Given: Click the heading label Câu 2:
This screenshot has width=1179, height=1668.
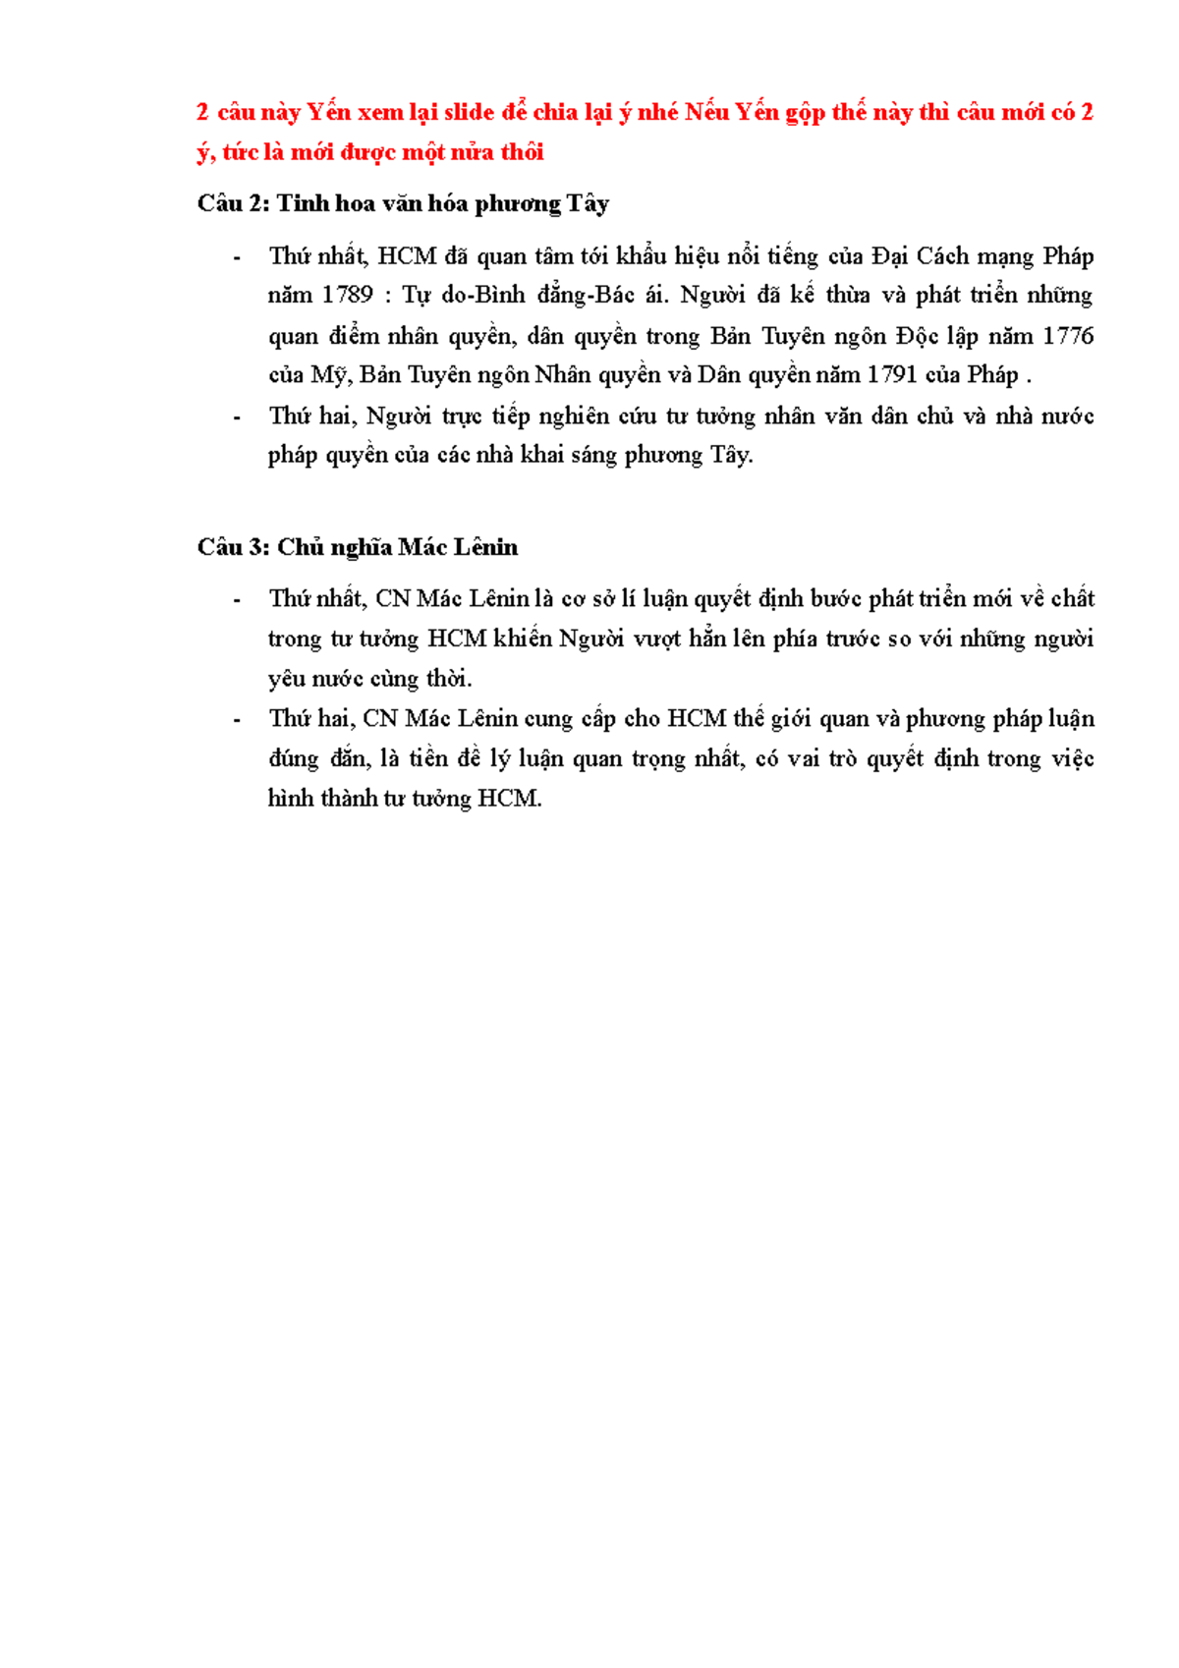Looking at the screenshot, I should [x=234, y=203].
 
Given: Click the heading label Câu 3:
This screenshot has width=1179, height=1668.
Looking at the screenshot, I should [x=234, y=547].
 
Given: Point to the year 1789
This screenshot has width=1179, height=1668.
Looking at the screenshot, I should [x=348, y=296].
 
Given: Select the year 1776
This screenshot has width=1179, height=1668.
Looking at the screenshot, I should [x=1068, y=336].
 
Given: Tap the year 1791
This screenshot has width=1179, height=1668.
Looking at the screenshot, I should [x=891, y=375].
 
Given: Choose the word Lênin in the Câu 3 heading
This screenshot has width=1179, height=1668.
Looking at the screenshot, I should [x=485, y=547].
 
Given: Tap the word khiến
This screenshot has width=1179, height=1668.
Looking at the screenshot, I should [x=523, y=639].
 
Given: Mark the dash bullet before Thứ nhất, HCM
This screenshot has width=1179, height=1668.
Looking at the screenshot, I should [x=237, y=257].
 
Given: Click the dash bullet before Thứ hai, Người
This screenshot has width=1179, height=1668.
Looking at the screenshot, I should [x=237, y=417].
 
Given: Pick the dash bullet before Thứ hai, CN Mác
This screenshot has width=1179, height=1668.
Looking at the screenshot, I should [x=237, y=720].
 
